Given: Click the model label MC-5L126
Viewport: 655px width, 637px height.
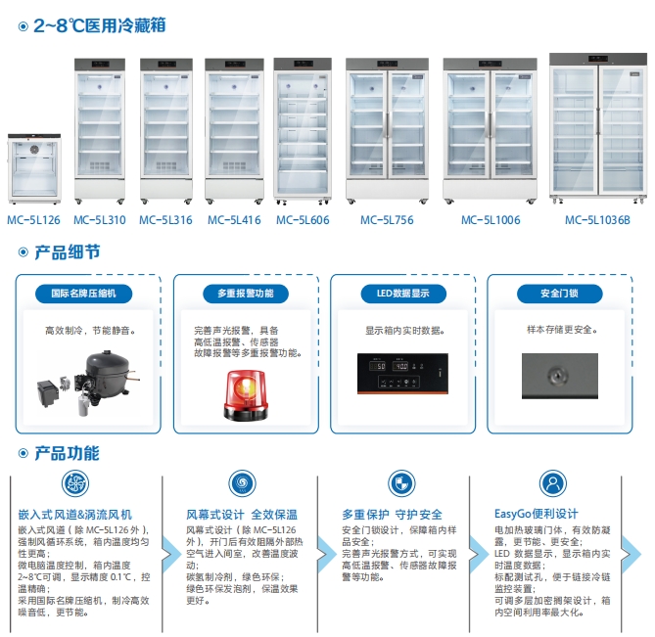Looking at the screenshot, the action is tap(33, 220).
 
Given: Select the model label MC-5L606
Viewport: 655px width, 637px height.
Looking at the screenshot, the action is tap(303, 220).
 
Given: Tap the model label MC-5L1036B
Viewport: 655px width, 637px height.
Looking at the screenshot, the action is tap(597, 220).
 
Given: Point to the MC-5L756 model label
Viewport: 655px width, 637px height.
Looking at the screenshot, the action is tap(387, 220).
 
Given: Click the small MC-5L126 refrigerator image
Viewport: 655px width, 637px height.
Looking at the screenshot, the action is tap(34, 168).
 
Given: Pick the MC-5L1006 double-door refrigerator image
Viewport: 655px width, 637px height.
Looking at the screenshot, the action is tap(490, 131).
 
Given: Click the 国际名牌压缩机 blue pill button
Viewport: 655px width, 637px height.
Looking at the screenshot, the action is tap(83, 294).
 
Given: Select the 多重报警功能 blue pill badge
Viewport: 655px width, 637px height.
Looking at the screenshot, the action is tap(246, 294).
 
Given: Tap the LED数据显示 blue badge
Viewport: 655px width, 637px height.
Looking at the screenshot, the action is tap(403, 294).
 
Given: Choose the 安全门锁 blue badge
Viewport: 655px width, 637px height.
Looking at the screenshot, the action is tap(559, 294).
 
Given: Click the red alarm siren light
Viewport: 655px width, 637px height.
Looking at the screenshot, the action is tap(246, 395).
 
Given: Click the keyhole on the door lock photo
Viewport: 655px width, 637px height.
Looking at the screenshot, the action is tap(557, 375).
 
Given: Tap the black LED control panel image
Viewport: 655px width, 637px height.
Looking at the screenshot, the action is tap(402, 374).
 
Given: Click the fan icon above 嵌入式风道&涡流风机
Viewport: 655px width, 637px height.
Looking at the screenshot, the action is tap(75, 483).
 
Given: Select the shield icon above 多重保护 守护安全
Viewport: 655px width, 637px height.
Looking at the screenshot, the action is tap(401, 483).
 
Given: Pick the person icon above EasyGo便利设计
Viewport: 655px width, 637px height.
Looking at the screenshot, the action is tap(553, 483).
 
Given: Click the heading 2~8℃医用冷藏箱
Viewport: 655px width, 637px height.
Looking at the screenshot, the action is tap(100, 25).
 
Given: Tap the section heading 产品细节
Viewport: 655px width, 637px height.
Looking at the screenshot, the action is tap(68, 252).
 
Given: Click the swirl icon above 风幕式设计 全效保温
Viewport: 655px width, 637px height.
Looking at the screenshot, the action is tap(242, 483).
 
